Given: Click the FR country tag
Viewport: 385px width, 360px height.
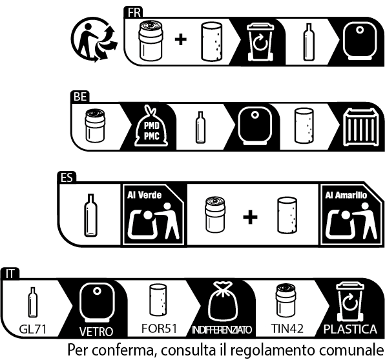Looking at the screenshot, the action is pyautogui.click(x=133, y=12).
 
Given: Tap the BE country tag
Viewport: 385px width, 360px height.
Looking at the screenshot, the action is pyautogui.click(x=80, y=97).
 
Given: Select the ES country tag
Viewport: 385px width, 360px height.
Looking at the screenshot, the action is pyautogui.click(x=67, y=177).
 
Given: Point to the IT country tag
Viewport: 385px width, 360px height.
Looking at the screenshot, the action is pyautogui.click(x=10, y=274).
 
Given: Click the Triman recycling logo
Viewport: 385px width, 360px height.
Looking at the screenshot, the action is pyautogui.click(x=94, y=39).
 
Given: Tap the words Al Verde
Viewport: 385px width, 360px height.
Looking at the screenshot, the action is pyautogui.click(x=145, y=195).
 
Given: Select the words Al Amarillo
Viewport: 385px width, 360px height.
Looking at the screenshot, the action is pyautogui.click(x=346, y=195).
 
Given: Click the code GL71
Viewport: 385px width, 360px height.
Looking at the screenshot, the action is pyautogui.click(x=33, y=329).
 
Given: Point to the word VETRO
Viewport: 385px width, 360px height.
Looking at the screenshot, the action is pyautogui.click(x=96, y=332).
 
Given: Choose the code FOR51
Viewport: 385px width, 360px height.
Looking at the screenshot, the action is pyautogui.click(x=159, y=328).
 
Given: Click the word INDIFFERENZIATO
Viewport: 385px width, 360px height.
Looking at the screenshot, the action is pyautogui.click(x=222, y=330).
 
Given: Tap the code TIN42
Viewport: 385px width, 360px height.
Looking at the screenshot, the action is pyautogui.click(x=287, y=328).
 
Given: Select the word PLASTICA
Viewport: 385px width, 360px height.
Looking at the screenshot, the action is pyautogui.click(x=350, y=329).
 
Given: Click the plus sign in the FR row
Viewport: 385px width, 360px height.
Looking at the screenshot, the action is pyautogui.click(x=181, y=39).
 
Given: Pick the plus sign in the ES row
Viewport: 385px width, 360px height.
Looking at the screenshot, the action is pyautogui.click(x=250, y=217).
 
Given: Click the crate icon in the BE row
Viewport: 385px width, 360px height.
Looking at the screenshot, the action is pyautogui.click(x=360, y=127).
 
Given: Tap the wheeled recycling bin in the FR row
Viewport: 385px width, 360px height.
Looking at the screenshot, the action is pyautogui.click(x=260, y=42).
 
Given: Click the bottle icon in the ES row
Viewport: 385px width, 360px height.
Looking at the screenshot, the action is pyautogui.click(x=90, y=215).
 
